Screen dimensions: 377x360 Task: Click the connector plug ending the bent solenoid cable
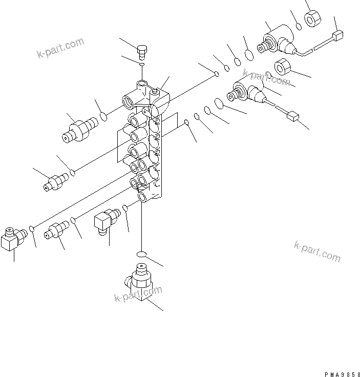coord(337,36)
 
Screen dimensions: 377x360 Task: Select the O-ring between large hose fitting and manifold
coord(103,117)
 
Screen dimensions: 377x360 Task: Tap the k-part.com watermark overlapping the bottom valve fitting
coord(138,295)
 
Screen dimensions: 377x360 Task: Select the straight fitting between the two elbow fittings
coord(57,229)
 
